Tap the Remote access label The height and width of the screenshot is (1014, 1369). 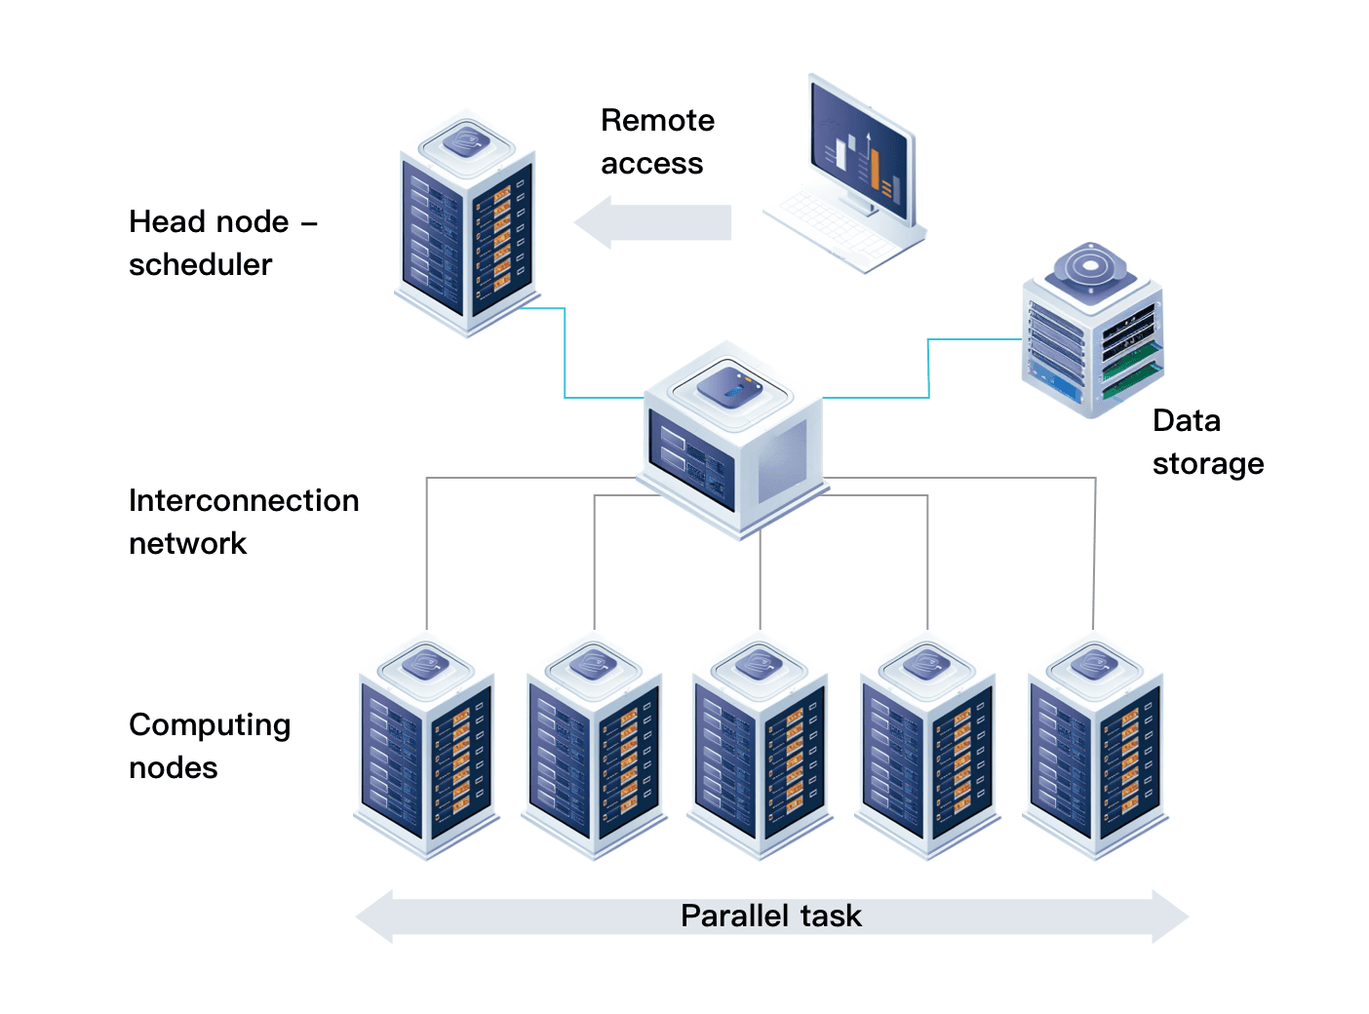[x=656, y=141]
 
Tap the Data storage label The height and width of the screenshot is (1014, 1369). [x=1207, y=442]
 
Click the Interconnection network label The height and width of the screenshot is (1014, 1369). [x=244, y=522]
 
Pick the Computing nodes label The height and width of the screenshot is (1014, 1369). [x=209, y=746]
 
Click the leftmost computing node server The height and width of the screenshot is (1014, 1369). [x=426, y=751]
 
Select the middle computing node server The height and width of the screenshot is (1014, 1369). [x=760, y=751]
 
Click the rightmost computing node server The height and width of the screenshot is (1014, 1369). [x=1094, y=751]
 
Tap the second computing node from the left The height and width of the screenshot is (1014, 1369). [x=594, y=751]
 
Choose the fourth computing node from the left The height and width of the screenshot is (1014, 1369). [x=927, y=751]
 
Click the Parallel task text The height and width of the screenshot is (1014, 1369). [x=770, y=916]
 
